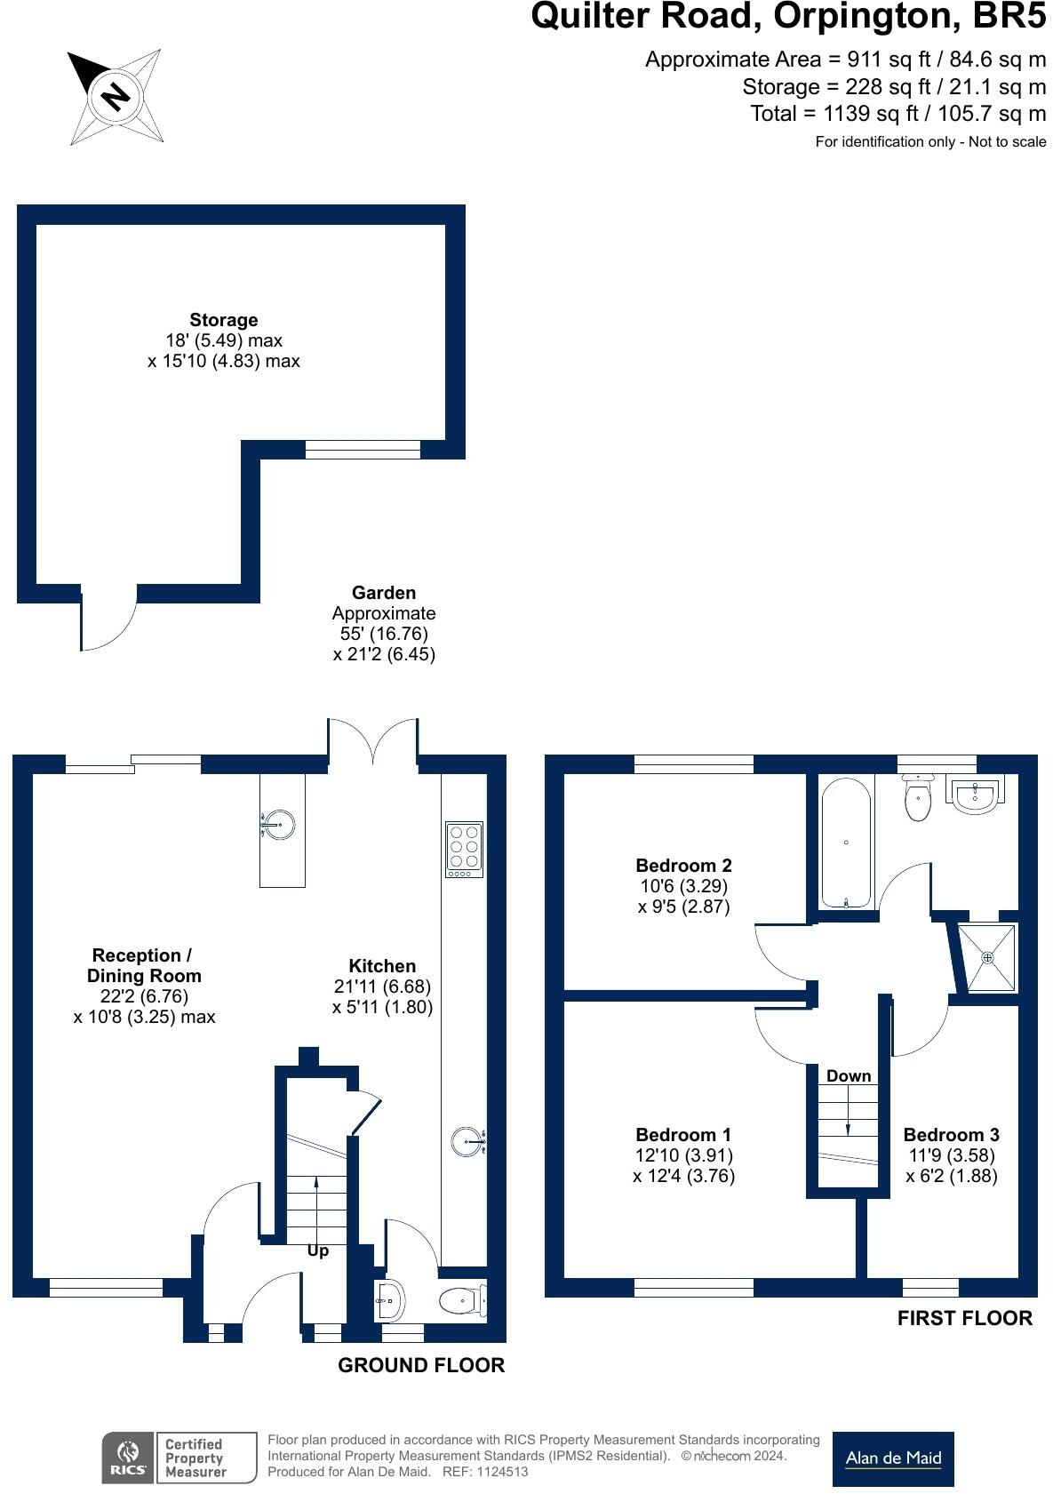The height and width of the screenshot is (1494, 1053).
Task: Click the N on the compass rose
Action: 116,97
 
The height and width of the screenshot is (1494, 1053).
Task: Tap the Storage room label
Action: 223,319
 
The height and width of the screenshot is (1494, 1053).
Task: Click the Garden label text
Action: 384,592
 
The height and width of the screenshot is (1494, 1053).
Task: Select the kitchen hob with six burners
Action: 464,849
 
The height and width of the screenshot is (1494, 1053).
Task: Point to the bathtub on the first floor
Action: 846,843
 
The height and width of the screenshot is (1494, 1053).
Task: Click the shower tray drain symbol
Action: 987,957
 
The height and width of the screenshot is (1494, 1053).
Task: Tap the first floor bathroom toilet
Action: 918,797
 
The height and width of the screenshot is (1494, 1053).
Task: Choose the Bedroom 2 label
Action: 683,865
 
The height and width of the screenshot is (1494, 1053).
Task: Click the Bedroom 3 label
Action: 951,1135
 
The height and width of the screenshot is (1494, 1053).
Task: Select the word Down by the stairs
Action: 849,1075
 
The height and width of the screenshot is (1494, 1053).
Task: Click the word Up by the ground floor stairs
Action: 318,1250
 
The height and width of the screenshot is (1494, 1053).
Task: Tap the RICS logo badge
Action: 128,1458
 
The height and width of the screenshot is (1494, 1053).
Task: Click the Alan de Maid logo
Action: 893,1458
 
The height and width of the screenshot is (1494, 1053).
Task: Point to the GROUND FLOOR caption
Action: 421,1365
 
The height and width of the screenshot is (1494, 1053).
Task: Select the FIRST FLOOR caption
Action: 964,1318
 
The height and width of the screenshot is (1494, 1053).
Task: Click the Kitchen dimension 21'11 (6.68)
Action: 382,986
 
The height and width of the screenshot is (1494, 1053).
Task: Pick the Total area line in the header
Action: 897,114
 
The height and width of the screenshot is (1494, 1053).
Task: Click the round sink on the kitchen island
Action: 278,825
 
